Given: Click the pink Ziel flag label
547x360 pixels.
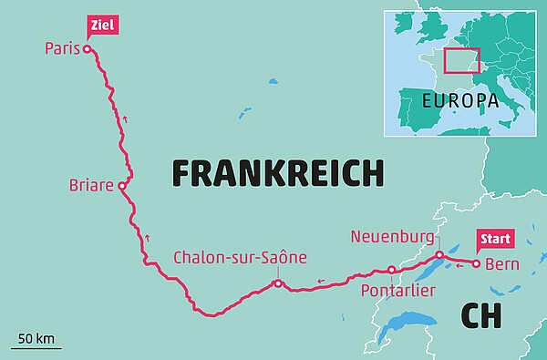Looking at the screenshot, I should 100,25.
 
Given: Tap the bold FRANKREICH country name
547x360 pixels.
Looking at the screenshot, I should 277,172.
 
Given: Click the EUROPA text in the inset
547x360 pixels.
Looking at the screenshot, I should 459,98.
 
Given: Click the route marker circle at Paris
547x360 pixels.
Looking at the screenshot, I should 88,50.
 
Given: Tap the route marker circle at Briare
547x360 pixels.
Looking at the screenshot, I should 121,184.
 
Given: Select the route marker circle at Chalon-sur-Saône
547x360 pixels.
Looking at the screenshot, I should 277,284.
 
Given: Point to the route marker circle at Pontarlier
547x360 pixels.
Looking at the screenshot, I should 391,270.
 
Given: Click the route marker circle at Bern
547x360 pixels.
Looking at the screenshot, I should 475,263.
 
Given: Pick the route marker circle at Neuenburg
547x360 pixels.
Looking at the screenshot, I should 439,255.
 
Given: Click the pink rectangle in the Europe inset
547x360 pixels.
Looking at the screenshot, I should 460,59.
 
